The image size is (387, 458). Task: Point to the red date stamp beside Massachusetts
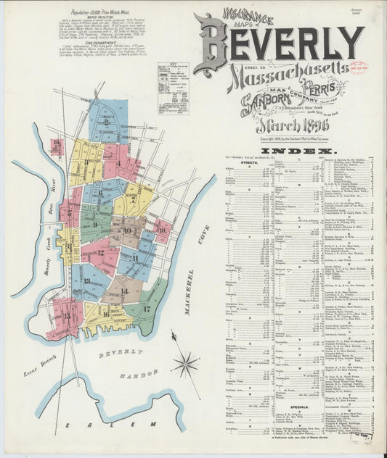pyautogui.click(x=358, y=67)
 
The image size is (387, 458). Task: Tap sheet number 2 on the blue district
pyautogui.click(x=107, y=122)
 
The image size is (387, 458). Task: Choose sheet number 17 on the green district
pyautogui.click(x=147, y=308)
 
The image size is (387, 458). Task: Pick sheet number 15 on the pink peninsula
pyautogui.click(x=67, y=315)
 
